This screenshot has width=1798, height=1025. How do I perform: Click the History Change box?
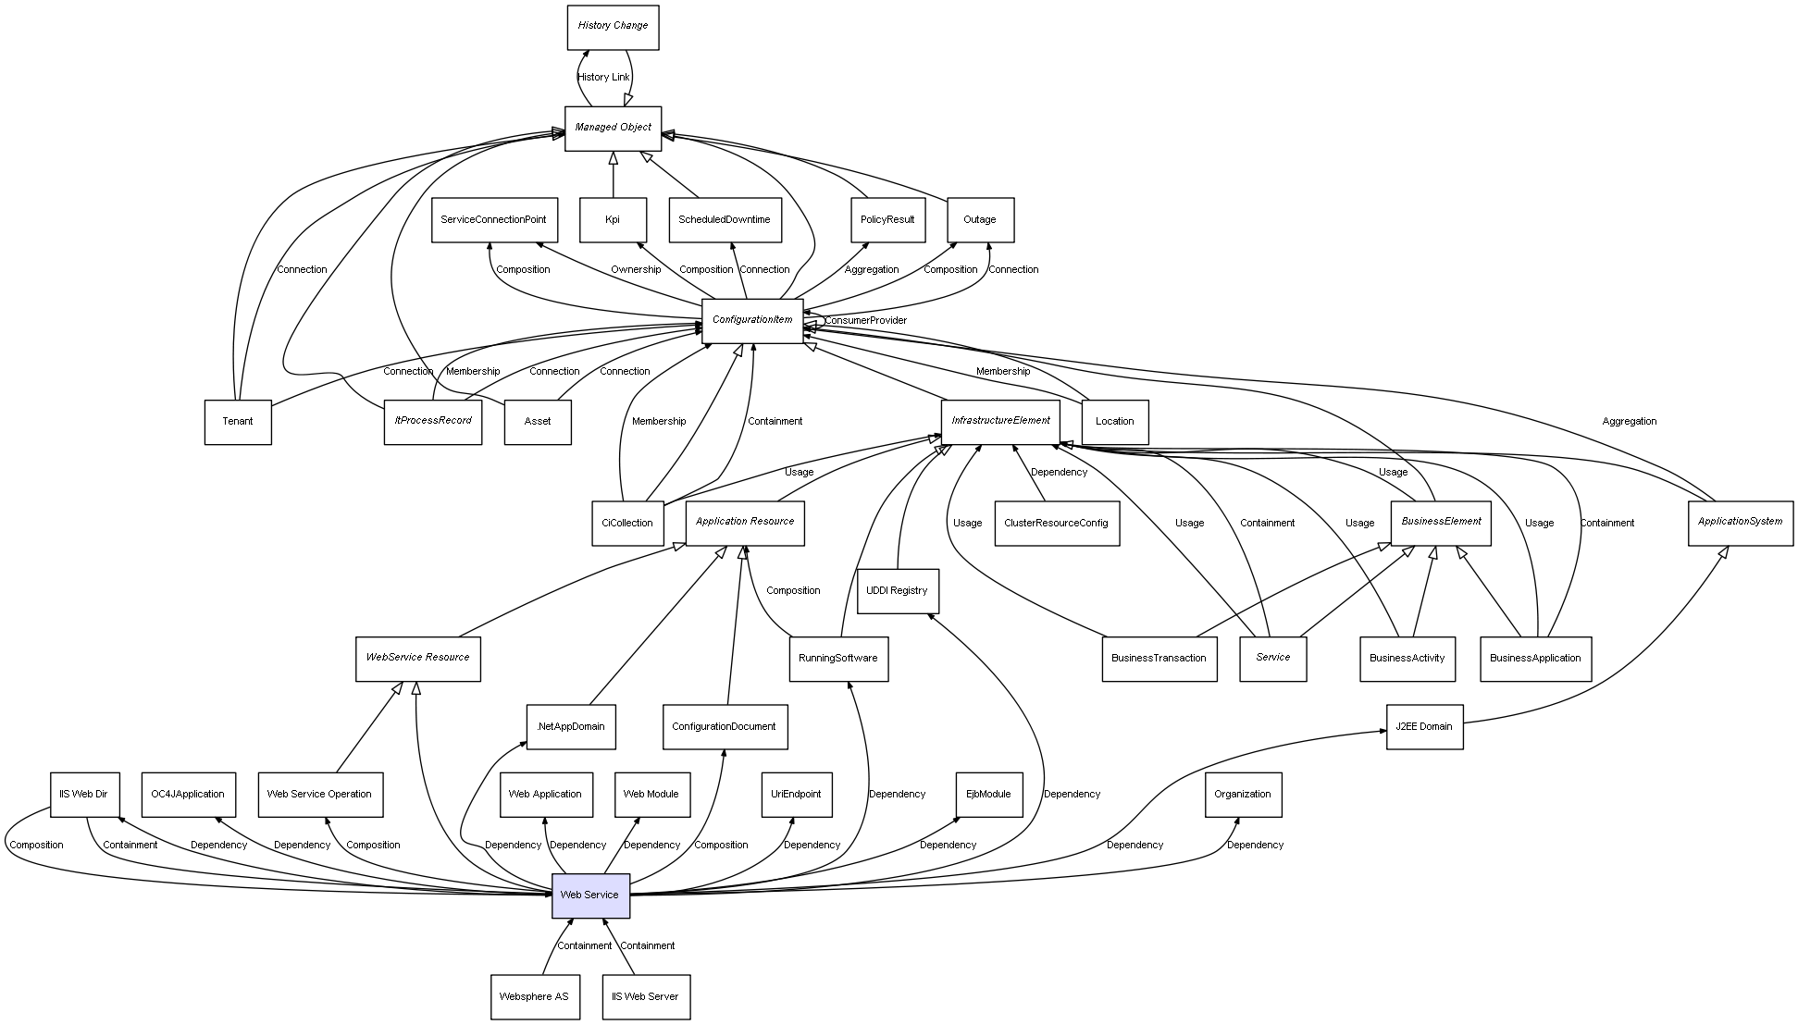(613, 27)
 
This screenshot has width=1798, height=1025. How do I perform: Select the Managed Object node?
(613, 128)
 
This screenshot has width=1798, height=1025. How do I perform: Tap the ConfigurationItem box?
(752, 320)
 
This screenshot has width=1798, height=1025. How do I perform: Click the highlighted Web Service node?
(590, 895)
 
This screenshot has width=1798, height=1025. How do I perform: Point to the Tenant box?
(238, 422)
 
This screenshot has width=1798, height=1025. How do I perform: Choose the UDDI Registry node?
(897, 591)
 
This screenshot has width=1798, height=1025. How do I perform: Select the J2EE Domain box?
(1424, 727)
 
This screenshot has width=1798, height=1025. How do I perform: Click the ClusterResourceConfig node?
(1056, 524)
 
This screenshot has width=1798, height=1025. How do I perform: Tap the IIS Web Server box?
(645, 997)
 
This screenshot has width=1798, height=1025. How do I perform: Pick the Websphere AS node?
(534, 997)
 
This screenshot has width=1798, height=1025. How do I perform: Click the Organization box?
(1243, 795)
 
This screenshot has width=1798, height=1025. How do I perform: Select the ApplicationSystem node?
(1740, 523)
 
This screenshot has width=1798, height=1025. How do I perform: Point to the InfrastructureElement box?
(1000, 422)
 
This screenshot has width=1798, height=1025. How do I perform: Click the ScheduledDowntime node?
(724, 220)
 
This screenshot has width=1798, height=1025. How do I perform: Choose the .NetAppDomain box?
(570, 727)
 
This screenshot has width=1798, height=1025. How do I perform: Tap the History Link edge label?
(603, 78)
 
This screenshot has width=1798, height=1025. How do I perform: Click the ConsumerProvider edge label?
(865, 321)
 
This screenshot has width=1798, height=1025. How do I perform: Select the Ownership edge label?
(636, 270)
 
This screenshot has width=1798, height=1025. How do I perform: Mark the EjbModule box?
(988, 795)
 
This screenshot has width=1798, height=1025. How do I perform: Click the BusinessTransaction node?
(1159, 659)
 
